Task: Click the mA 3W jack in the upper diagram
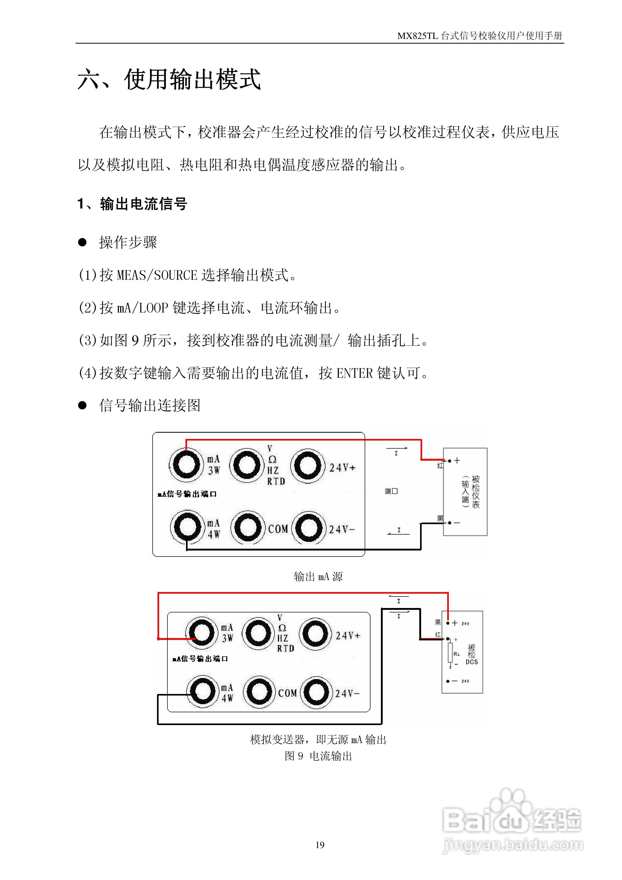click(186, 465)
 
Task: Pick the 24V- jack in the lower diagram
click(316, 692)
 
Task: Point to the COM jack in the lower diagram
click(259, 692)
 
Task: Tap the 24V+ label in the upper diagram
click(342, 468)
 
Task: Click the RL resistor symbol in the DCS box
click(450, 653)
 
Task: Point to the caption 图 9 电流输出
click(318, 756)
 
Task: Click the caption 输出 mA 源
click(318, 576)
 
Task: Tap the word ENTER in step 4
click(354, 373)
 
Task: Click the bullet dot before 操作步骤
click(82, 242)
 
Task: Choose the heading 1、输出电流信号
click(132, 204)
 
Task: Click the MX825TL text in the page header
click(417, 36)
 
